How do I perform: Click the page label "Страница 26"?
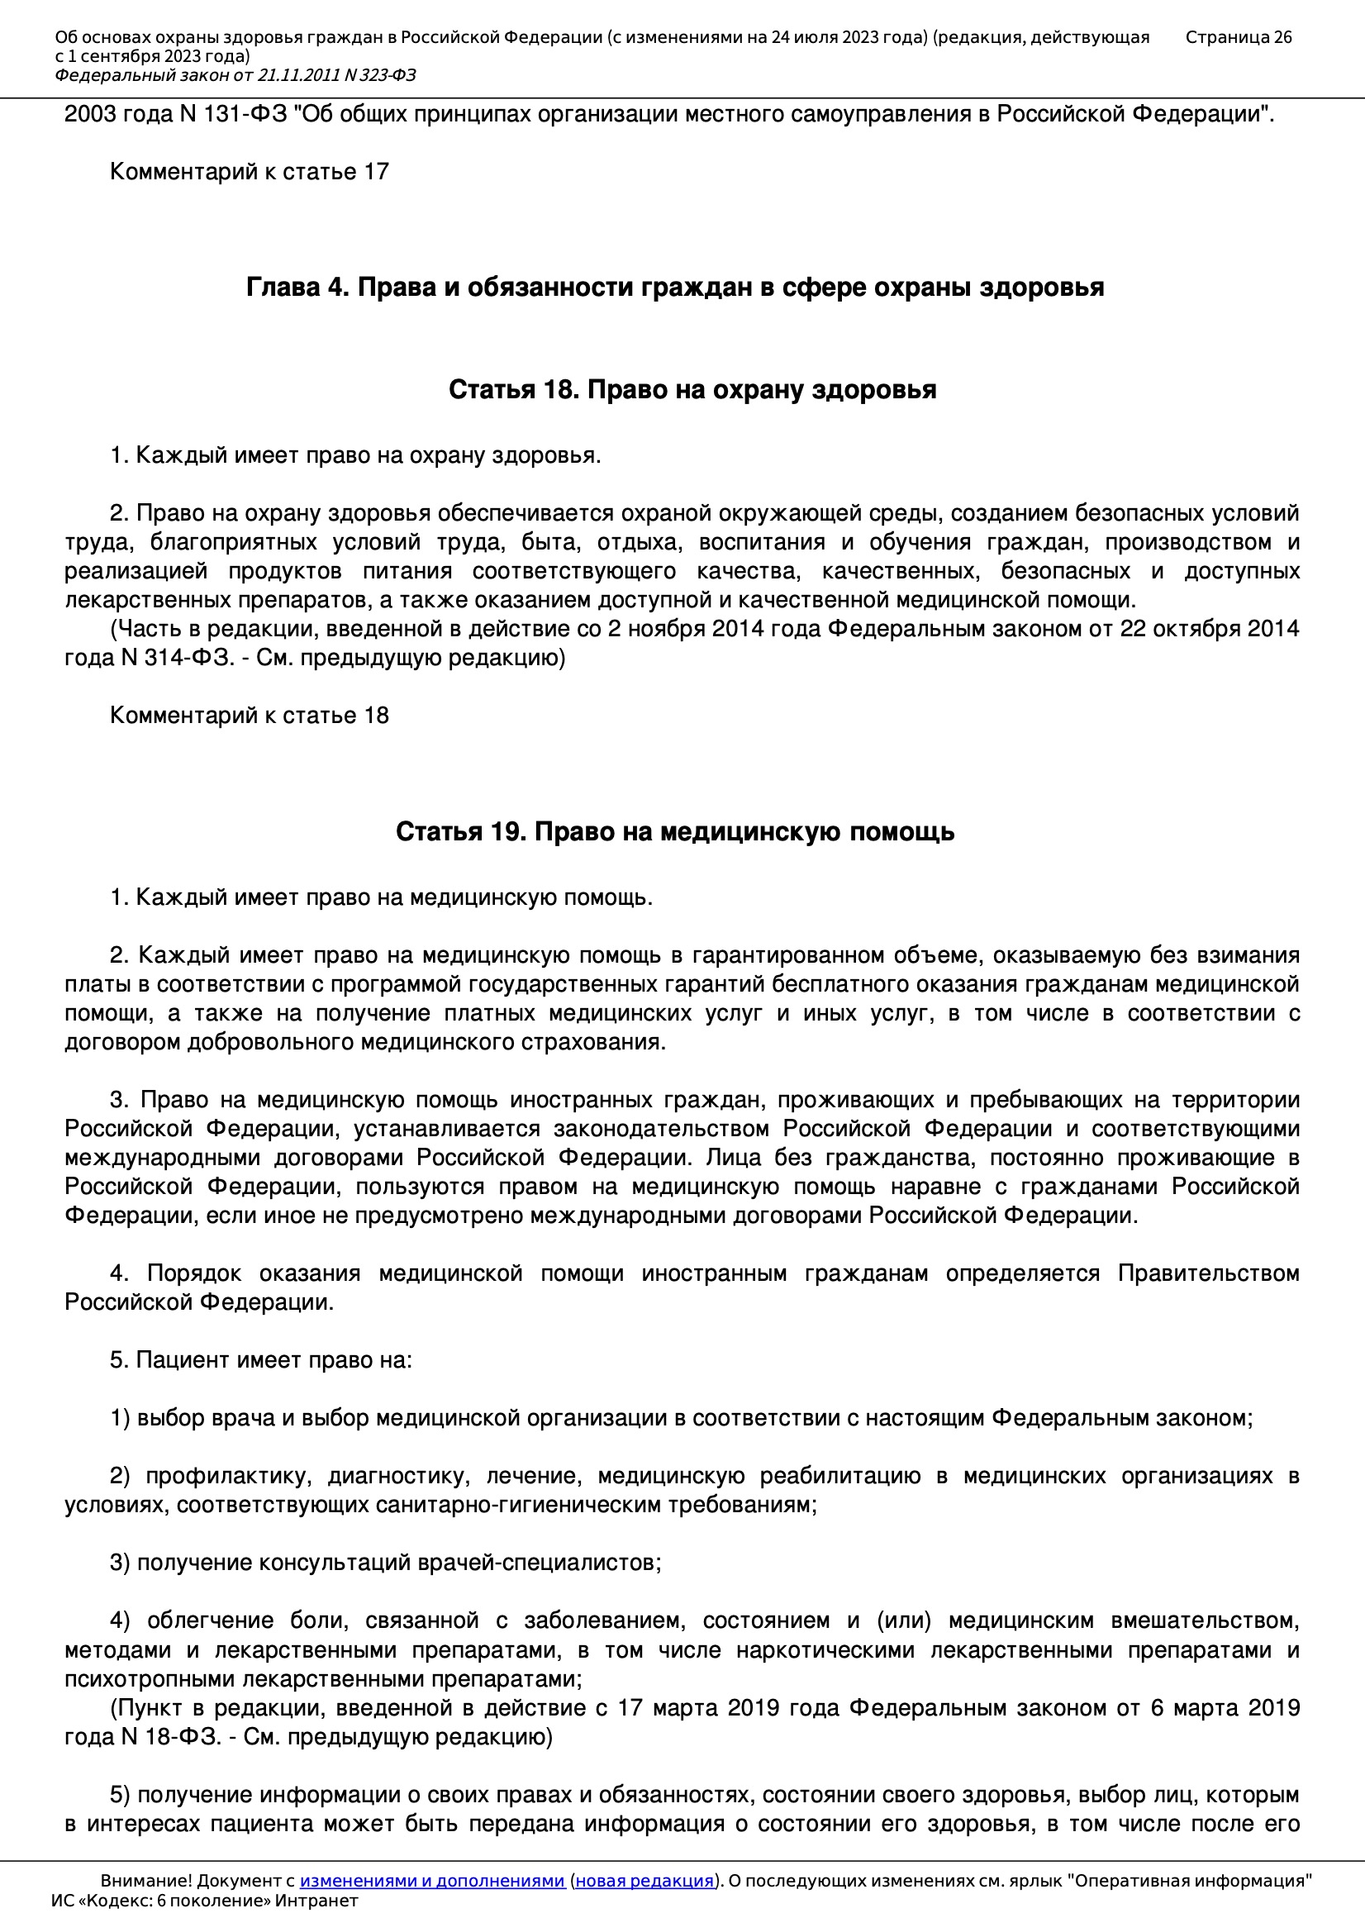coord(1238,37)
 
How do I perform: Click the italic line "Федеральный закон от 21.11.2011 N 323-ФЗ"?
coord(235,76)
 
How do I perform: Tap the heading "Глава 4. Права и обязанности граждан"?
coord(675,288)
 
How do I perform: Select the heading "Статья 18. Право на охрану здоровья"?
coord(692,389)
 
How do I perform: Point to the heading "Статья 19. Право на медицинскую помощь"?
coord(675,831)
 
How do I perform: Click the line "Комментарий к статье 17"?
coord(249,172)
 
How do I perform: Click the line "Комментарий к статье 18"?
coord(249,716)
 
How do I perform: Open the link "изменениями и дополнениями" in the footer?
coord(431,1880)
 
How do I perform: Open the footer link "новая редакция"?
coord(644,1880)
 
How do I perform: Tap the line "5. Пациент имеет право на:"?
coord(261,1361)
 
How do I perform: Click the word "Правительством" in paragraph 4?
coord(1209,1274)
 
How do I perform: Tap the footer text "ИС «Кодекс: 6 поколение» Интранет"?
coord(204,1900)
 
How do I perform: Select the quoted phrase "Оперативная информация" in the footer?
coord(1190,1880)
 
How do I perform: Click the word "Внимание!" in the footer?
coord(145,1880)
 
